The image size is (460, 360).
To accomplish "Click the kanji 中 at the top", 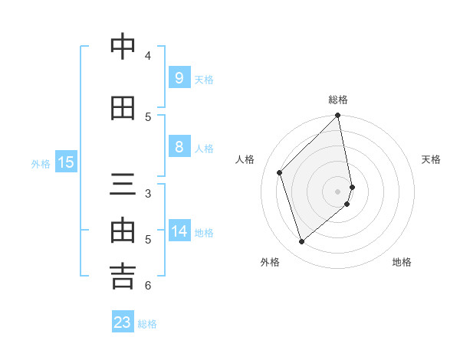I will click(123, 47).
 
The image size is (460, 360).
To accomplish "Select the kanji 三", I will click(123, 185).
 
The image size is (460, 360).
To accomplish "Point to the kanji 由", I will click(123, 231).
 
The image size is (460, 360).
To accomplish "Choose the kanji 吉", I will click(123, 277).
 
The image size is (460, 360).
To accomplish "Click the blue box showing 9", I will click(179, 77).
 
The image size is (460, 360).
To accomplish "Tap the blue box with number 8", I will click(179, 147).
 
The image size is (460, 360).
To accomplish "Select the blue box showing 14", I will click(179, 231).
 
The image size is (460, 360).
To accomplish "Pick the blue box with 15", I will click(65, 162).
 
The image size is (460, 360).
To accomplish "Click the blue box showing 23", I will click(123, 322).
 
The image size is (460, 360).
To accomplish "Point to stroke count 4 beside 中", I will click(148, 55).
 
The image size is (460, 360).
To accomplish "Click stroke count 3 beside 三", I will click(148, 193).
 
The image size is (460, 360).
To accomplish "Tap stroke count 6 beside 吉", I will click(148, 286).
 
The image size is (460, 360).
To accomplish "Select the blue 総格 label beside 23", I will click(147, 324).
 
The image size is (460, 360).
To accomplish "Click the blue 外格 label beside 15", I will click(40, 163).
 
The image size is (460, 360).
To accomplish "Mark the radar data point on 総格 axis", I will click(338, 116).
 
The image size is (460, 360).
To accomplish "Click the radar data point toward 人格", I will click(280, 172).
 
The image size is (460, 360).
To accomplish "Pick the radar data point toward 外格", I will click(301, 242).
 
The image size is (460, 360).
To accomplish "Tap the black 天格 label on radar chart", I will click(431, 159).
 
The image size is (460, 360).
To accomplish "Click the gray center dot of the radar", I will click(338, 191).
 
